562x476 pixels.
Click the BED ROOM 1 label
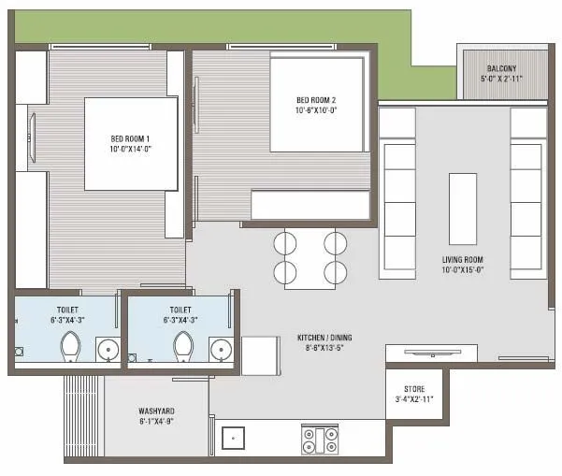pos(131,138)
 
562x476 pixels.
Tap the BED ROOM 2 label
pos(315,101)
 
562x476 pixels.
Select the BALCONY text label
pos(505,69)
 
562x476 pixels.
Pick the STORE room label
pos(414,388)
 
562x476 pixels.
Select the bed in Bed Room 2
pos(315,103)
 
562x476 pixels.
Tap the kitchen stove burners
pos(319,440)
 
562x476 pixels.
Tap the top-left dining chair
pos(285,241)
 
